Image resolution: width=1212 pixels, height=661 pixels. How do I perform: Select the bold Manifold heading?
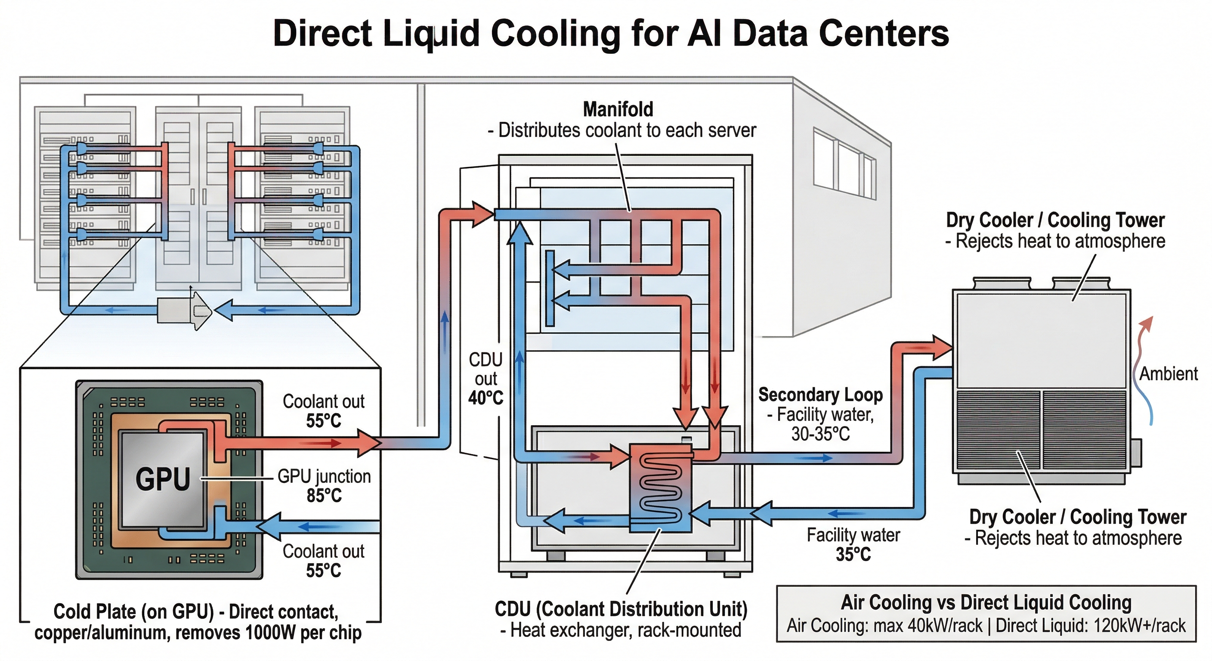618,109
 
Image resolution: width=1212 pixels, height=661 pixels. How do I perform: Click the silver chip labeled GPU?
163,479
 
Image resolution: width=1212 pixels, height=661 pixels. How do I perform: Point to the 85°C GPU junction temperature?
324,496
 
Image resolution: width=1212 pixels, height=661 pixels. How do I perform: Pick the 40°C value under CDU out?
485,398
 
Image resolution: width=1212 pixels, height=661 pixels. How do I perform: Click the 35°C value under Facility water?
853,554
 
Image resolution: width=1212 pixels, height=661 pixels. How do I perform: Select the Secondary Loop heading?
820,395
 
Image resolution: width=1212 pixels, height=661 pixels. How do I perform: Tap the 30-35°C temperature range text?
820,433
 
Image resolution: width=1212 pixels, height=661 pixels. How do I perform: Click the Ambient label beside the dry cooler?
1168,374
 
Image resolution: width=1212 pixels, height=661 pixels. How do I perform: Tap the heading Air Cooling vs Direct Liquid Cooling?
986,602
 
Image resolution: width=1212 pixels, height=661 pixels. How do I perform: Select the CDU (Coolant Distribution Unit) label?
621,609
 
